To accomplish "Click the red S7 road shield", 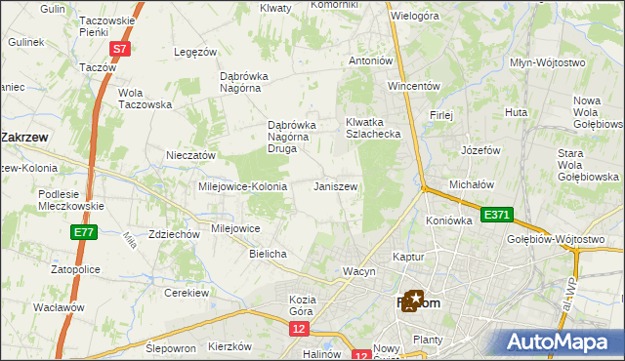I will pyautogui.click(x=119, y=48).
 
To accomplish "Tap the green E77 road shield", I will pyautogui.click(x=83, y=232).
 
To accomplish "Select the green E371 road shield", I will pyautogui.click(x=494, y=214).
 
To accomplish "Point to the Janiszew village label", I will pyautogui.click(x=335, y=186).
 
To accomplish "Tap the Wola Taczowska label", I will pyautogui.click(x=145, y=99).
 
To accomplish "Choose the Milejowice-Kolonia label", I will pyautogui.click(x=242, y=186).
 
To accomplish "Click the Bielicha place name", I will pyautogui.click(x=268, y=254).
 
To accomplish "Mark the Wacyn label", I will pyautogui.click(x=358, y=270).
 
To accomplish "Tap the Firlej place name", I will pyautogui.click(x=441, y=115).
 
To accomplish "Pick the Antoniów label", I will pyautogui.click(x=371, y=60).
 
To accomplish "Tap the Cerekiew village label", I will pyautogui.click(x=187, y=293).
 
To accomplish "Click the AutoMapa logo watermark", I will pyautogui.click(x=564, y=341).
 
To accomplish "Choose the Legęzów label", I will pyautogui.click(x=193, y=52).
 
